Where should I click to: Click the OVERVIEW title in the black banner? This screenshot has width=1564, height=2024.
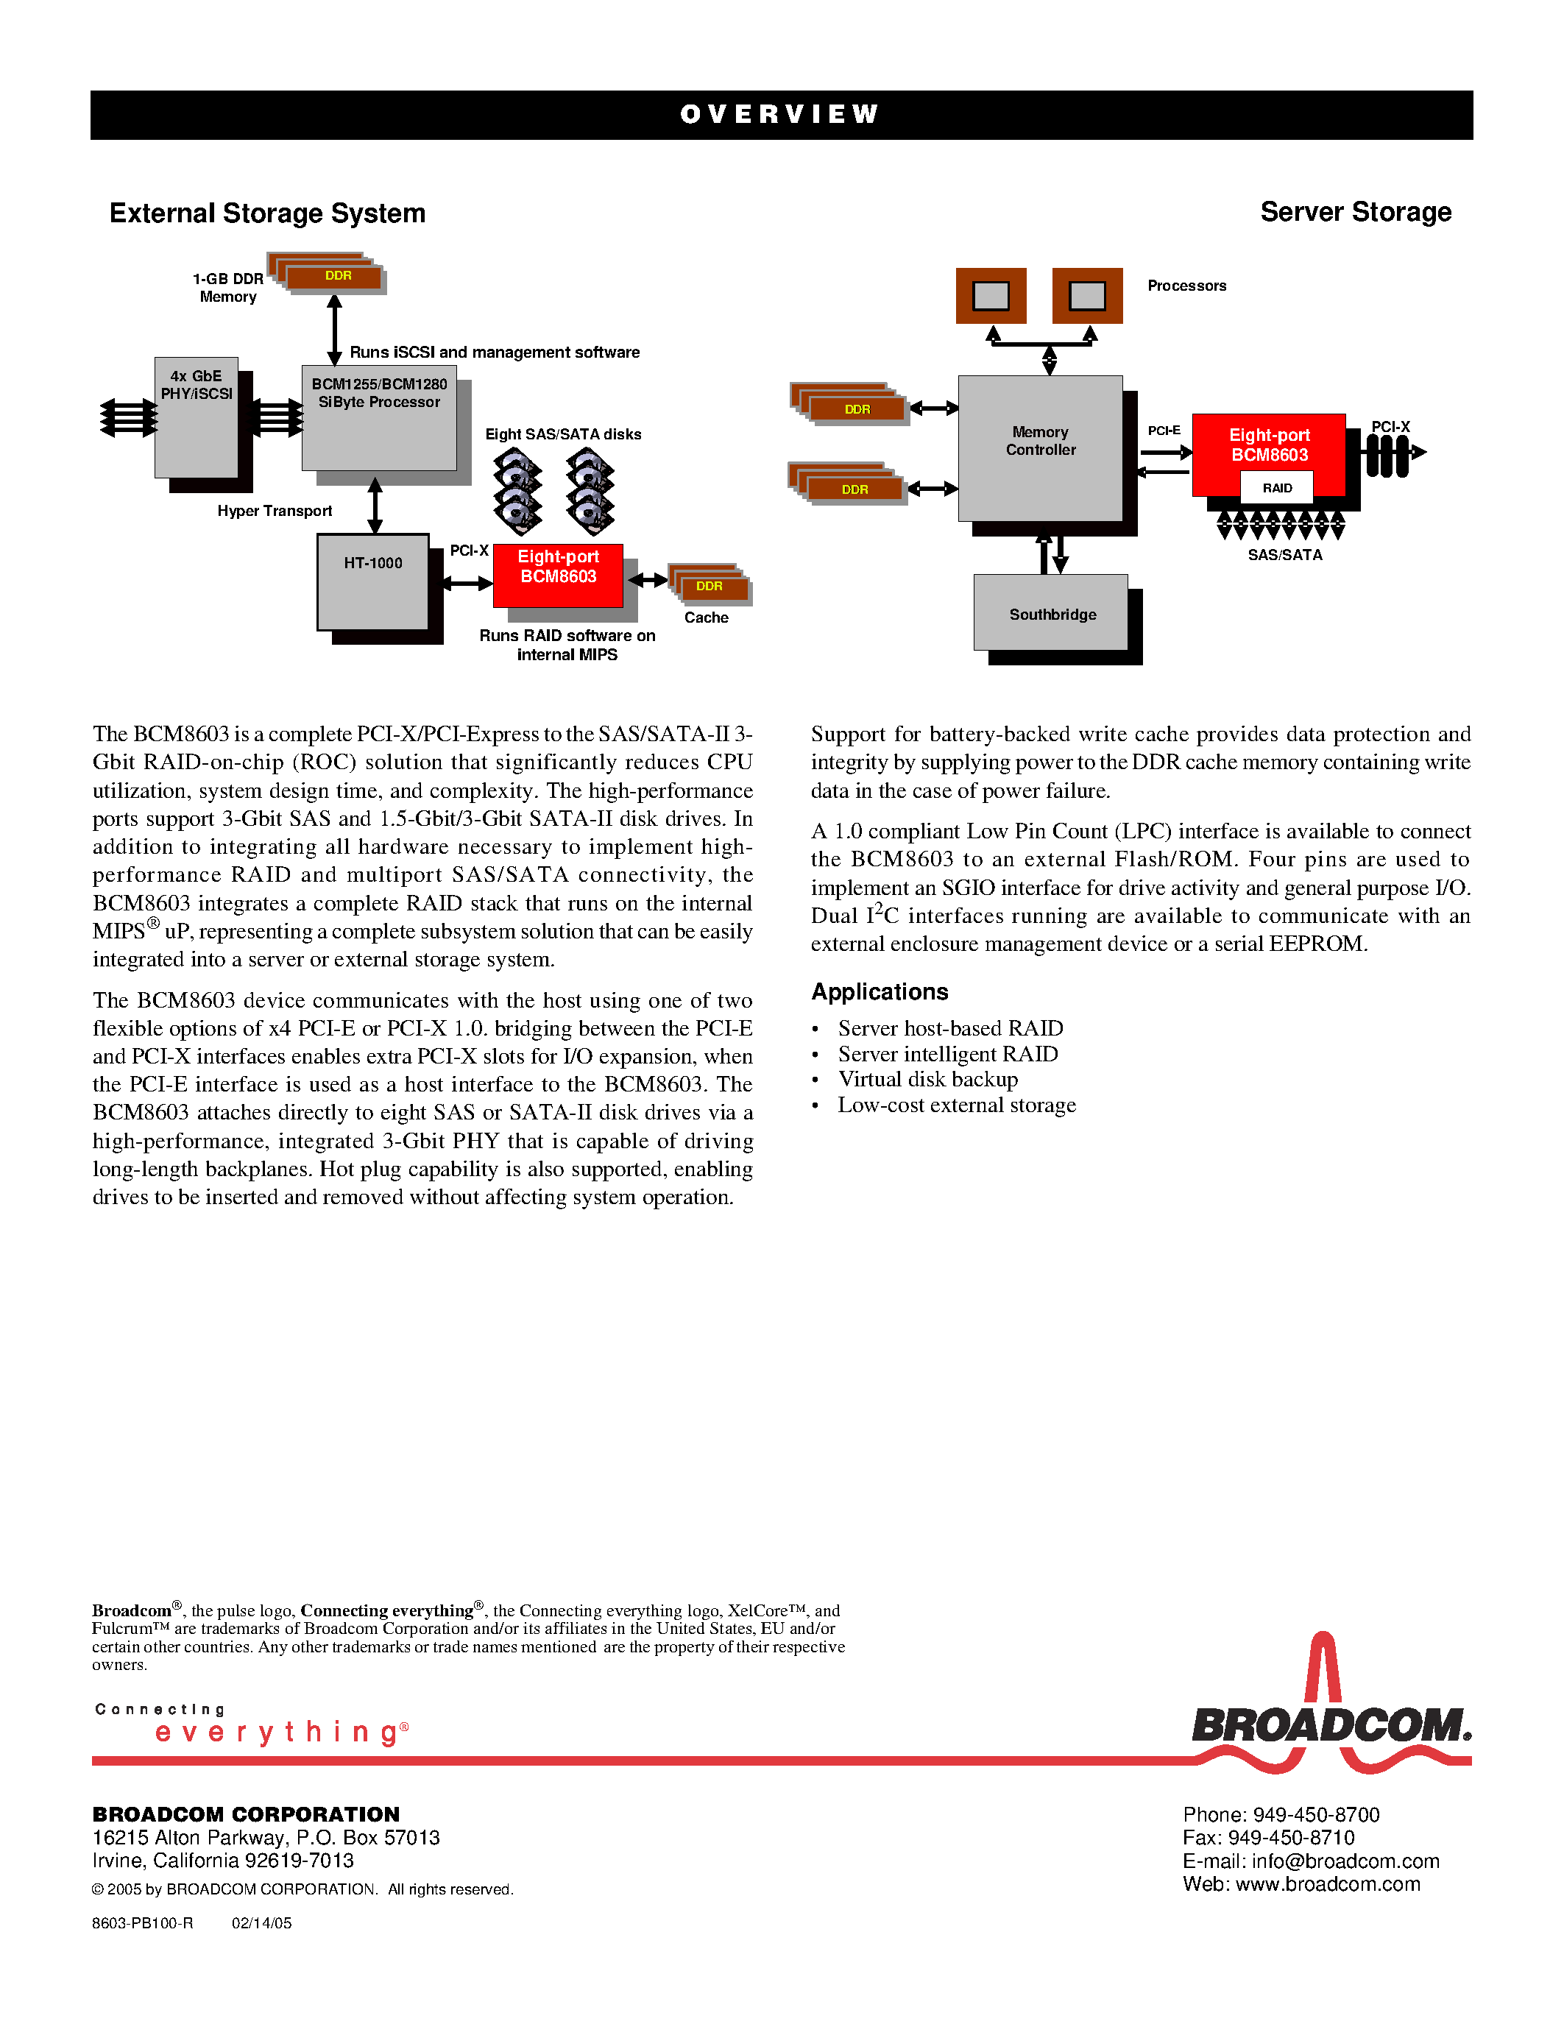point(779,114)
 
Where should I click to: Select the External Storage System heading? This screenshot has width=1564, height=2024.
point(268,213)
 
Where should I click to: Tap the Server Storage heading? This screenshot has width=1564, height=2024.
point(1356,212)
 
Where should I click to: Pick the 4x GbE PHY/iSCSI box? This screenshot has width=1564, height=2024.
point(197,417)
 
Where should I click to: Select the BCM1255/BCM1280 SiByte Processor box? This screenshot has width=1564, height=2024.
point(379,418)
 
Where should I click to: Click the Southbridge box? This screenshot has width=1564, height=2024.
point(1051,612)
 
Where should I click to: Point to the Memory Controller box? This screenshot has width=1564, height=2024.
point(1041,448)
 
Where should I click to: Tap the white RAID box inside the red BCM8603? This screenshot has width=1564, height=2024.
point(1277,487)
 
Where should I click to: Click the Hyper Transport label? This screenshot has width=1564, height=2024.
point(275,511)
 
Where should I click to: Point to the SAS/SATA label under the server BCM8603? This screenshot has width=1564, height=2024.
point(1285,555)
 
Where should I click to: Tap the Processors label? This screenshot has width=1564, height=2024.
point(1187,286)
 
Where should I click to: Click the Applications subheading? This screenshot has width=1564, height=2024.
point(880,991)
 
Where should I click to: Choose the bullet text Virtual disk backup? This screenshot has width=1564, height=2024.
point(928,1080)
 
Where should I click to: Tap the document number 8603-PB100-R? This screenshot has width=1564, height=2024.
point(143,1923)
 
